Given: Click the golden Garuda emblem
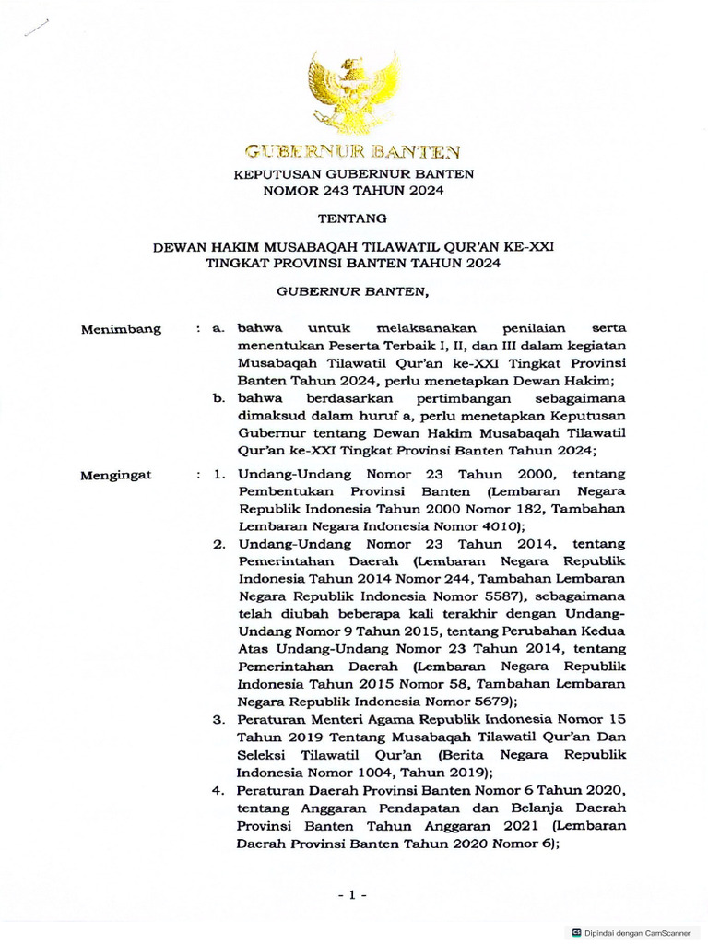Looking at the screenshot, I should (x=353, y=93).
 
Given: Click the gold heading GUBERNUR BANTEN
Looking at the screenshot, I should (x=353, y=151).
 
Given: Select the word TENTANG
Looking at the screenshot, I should (x=353, y=219).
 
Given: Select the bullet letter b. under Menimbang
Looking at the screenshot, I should (x=219, y=398).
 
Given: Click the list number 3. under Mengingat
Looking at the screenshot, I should (x=219, y=718).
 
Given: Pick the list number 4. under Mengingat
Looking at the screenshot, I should (x=219, y=791).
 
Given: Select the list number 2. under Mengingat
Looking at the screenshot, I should (x=219, y=543).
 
